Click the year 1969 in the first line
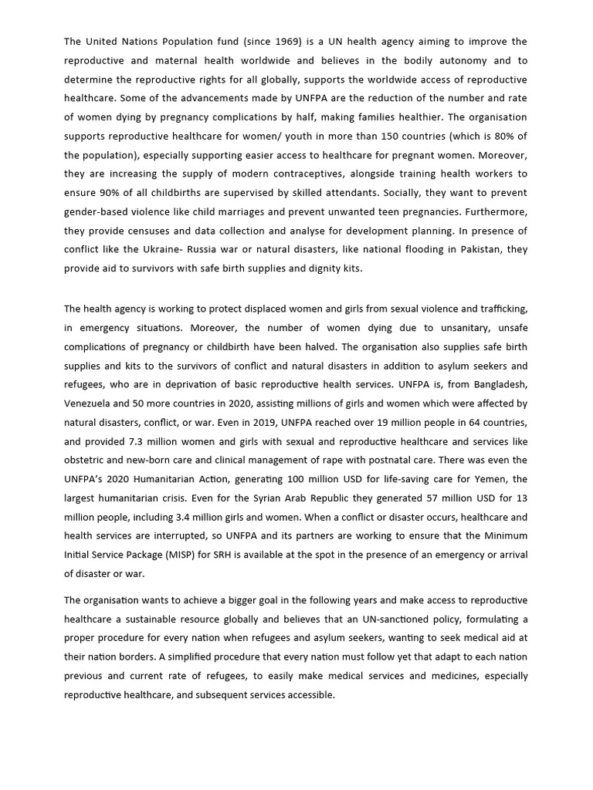pyautogui.click(x=283, y=41)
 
